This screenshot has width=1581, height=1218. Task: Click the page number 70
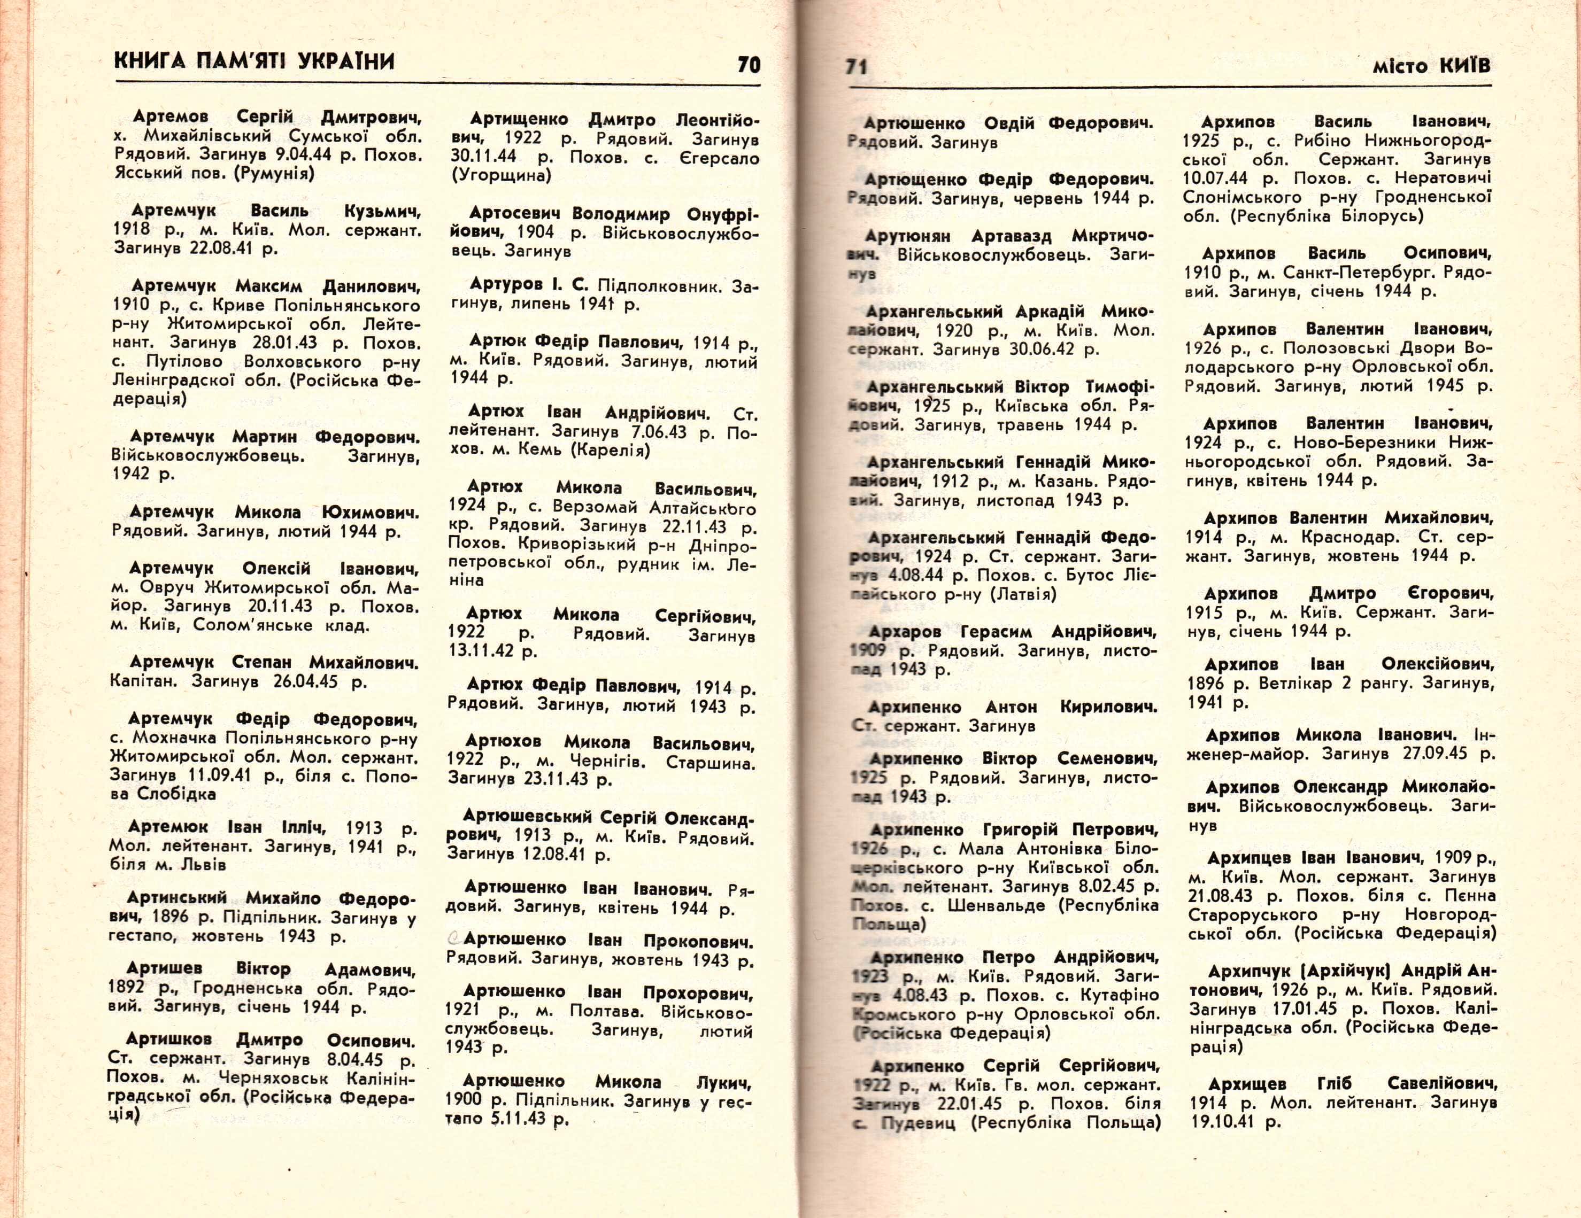(x=749, y=65)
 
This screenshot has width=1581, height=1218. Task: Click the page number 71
(x=857, y=67)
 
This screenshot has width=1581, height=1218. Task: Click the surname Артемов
(x=171, y=117)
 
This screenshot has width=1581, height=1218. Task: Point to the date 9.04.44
(x=299, y=155)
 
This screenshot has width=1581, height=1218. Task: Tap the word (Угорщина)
(x=501, y=176)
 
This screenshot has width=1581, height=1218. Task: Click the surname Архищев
(x=1246, y=1084)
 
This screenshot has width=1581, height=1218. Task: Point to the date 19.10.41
(x=1223, y=1122)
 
